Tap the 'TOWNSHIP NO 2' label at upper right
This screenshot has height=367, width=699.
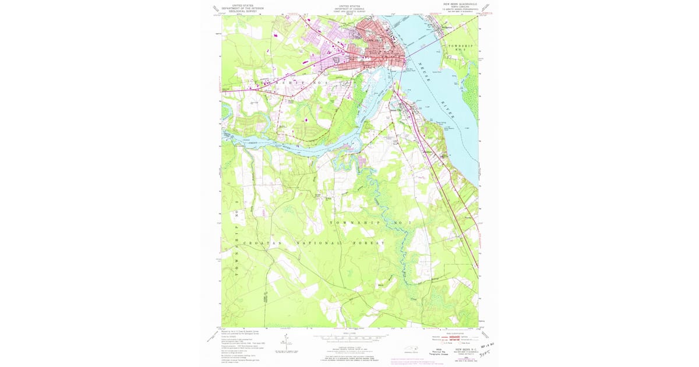(463, 48)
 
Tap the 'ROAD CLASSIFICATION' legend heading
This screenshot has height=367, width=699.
(454, 333)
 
